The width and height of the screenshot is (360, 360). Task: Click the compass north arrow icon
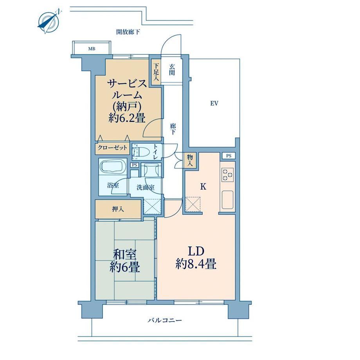point(49,22)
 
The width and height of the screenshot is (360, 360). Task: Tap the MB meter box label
point(92,49)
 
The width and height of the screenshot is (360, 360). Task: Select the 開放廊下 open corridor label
point(128,32)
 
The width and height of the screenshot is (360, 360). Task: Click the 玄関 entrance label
point(172,70)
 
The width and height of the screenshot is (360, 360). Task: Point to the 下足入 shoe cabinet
point(156,72)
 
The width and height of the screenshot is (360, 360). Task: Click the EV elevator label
point(214,104)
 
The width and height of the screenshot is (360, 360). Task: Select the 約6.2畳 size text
point(126,118)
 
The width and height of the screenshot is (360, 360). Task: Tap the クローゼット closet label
point(112,148)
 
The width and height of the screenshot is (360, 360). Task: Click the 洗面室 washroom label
point(146,187)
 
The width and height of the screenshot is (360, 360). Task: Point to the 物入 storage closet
point(190,160)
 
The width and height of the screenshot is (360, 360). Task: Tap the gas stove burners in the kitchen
point(227,175)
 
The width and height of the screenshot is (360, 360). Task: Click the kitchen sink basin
point(227,200)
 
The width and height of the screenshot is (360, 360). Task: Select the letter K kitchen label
point(203,187)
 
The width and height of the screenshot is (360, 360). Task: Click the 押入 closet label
point(118,209)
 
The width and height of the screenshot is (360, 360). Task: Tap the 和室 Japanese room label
point(125,254)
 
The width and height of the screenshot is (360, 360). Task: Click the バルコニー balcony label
point(165,320)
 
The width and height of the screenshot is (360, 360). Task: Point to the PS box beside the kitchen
point(229,156)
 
